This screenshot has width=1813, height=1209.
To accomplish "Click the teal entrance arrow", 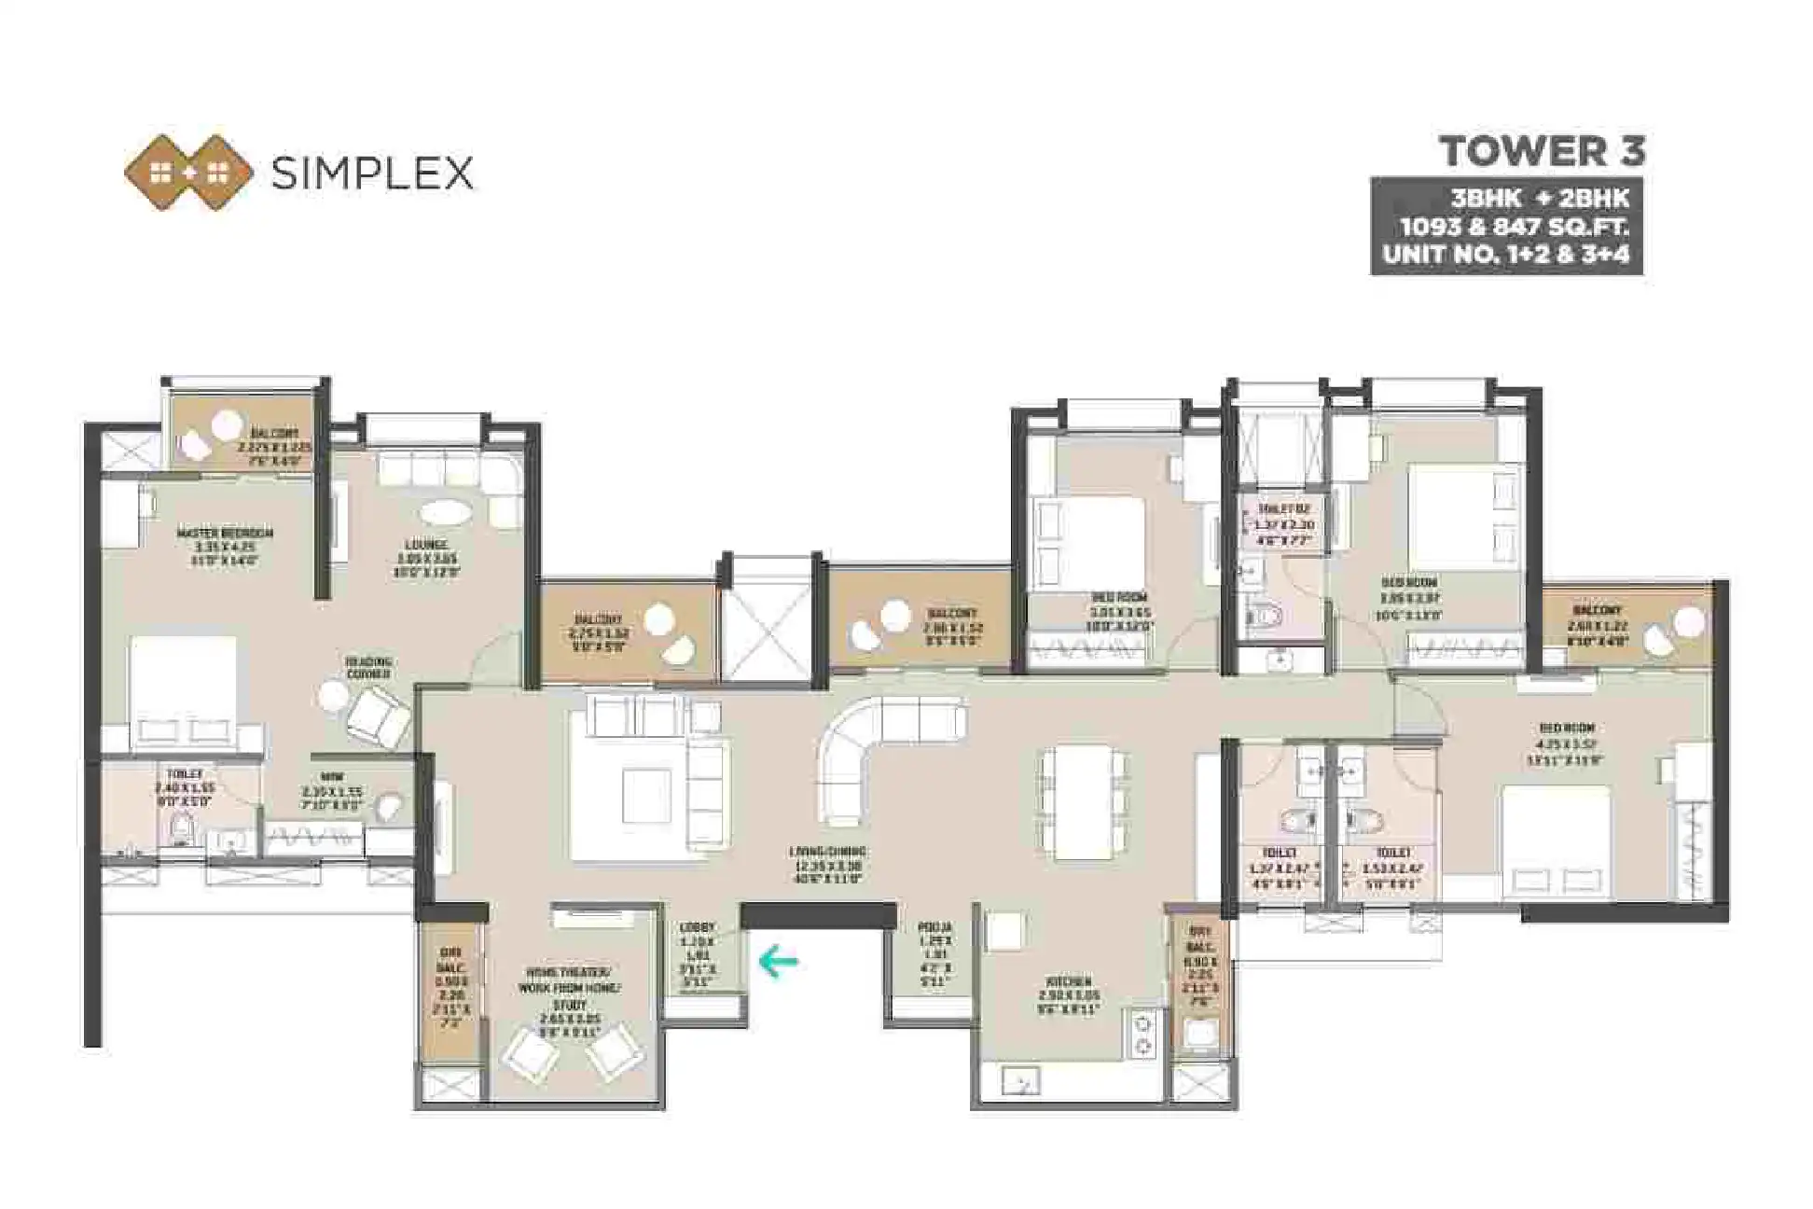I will [x=778, y=962].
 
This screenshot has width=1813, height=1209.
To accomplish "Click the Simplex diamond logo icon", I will [x=189, y=173].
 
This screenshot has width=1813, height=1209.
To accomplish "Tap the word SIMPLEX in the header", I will [x=371, y=174].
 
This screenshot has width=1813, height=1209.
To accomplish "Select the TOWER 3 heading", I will [x=1542, y=151].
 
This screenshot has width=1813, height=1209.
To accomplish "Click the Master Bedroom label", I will [x=225, y=534].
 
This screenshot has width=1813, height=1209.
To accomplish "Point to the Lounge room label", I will [x=426, y=545].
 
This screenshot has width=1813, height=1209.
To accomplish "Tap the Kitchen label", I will [x=1069, y=982].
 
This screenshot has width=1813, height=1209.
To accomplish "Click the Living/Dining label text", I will [x=826, y=852].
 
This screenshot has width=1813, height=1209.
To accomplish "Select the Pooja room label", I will [x=934, y=927].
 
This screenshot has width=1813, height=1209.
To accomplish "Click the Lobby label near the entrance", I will [x=697, y=927].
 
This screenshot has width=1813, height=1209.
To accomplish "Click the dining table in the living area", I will [x=1081, y=802].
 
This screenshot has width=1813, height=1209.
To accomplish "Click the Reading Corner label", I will [x=368, y=667].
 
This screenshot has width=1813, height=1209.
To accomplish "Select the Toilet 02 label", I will [x=1283, y=509].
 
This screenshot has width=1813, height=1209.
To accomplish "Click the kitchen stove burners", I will [x=1142, y=1035].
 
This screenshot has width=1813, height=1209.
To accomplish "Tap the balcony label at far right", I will [x=1597, y=610].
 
